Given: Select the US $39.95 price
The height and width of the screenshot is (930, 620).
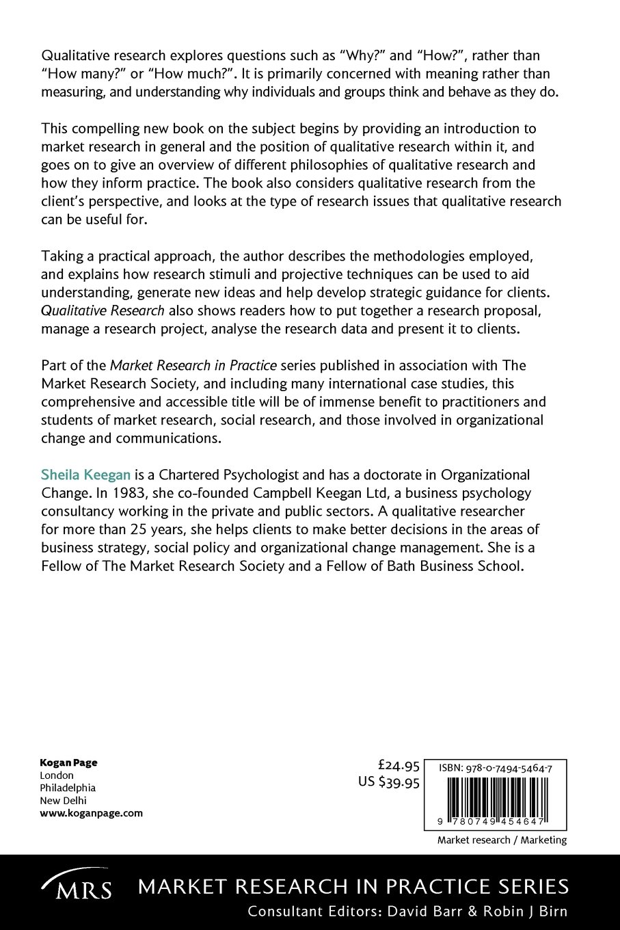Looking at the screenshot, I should click(389, 783).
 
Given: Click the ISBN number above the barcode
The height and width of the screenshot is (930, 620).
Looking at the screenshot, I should click(496, 769).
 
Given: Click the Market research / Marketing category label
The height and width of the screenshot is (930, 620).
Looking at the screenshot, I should click(502, 840).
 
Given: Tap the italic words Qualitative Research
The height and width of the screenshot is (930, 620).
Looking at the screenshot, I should click(103, 309).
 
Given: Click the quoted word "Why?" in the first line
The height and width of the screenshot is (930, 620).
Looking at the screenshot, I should click(363, 55).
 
